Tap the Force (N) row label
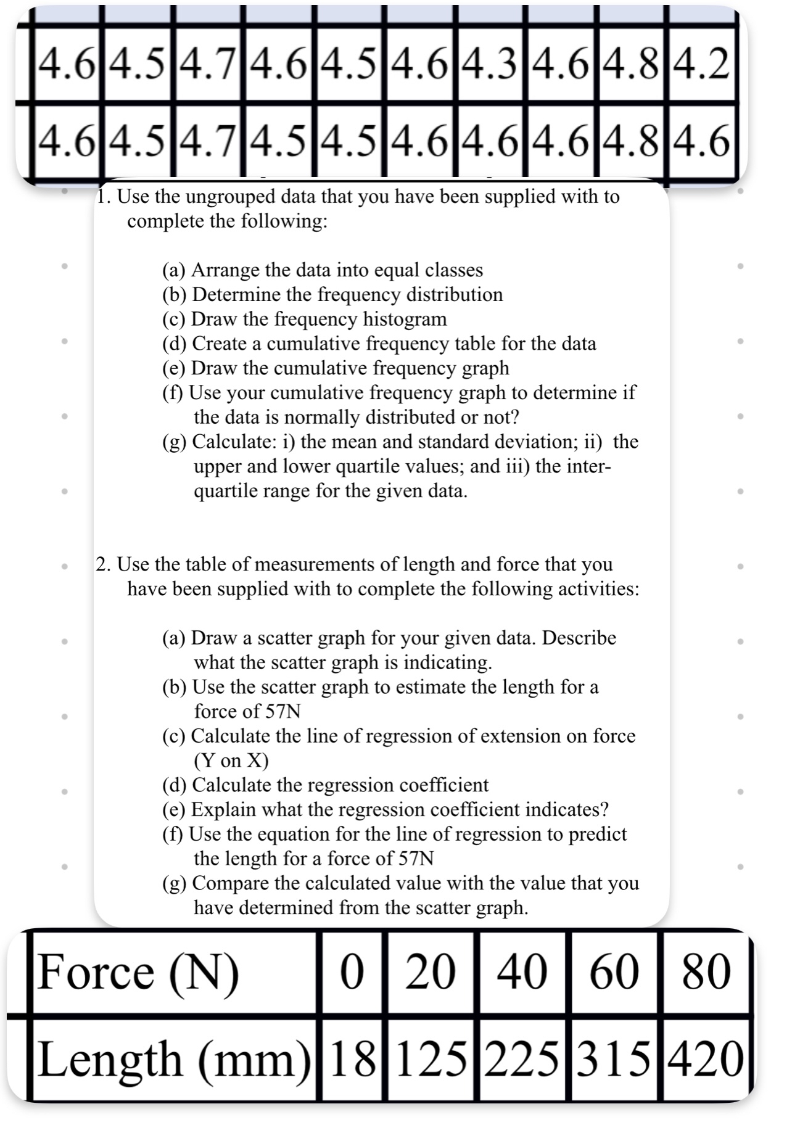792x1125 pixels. pos(139,973)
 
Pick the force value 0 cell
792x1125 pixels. pos(352,973)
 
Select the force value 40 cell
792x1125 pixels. pos(522,973)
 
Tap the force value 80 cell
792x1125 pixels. pos(706,973)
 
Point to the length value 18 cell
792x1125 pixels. pos(353,1060)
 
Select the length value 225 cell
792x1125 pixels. pos(522,1060)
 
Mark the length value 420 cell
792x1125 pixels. pos(706,1060)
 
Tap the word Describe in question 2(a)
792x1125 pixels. pos(579,638)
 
